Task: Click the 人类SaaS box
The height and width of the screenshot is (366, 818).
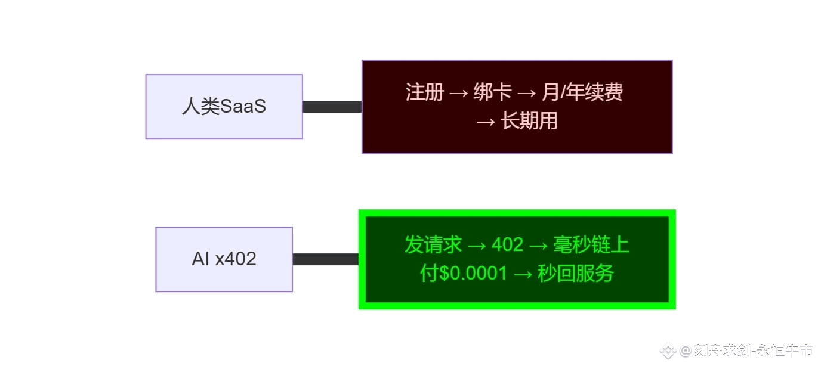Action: pos(224,107)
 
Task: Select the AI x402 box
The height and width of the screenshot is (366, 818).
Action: pos(224,259)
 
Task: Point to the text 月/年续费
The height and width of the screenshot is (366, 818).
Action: pos(582,92)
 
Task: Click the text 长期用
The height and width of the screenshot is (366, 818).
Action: pos(529,121)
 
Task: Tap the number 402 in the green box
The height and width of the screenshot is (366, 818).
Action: pos(507,244)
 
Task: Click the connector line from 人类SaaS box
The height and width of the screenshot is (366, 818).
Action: pos(332,107)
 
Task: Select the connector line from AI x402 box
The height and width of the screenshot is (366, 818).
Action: pos(325,259)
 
